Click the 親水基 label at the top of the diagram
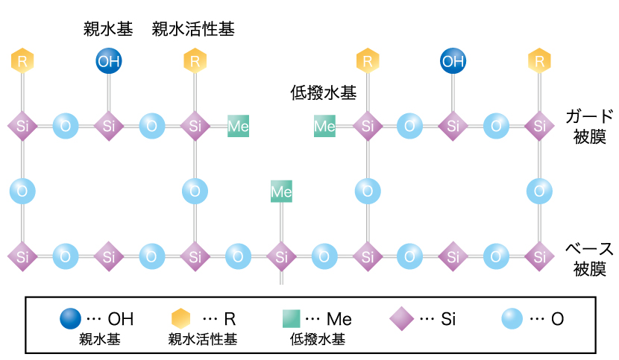tap(108, 30)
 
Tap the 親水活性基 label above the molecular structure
tap(194, 30)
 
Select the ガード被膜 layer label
tap(589, 126)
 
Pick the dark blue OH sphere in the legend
tap(71, 320)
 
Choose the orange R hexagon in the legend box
tap(183, 320)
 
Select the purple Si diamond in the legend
tap(401, 320)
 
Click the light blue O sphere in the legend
tap(512, 320)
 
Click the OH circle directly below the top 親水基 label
tap(109, 61)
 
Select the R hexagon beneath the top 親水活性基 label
tap(195, 61)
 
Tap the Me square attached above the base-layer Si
tap(281, 192)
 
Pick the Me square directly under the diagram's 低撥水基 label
tap(324, 126)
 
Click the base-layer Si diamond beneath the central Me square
tap(281, 256)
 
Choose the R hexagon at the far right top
tap(538, 61)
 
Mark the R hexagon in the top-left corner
tap(22, 61)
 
